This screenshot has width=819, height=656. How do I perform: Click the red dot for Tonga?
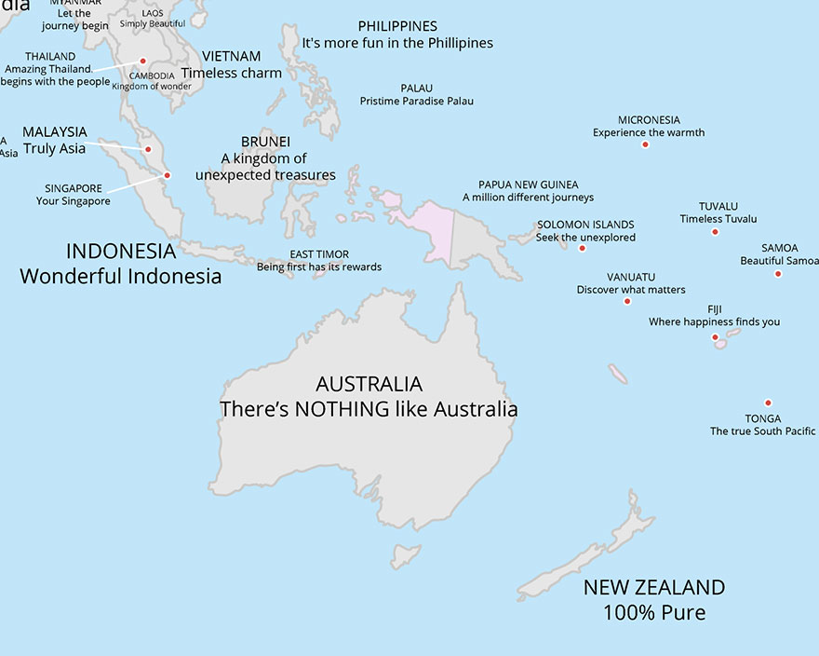(x=768, y=403)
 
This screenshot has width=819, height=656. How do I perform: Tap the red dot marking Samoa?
(x=778, y=273)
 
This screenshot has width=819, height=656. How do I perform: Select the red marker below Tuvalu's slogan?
(x=715, y=231)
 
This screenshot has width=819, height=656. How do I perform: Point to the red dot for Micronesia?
(x=645, y=144)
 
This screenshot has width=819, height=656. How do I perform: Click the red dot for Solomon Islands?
(x=583, y=248)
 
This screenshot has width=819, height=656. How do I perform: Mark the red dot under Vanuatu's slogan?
(x=627, y=301)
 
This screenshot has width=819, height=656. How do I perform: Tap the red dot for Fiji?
(x=715, y=337)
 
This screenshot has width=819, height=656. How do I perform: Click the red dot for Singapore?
(x=168, y=175)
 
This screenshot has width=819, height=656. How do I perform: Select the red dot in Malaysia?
(x=148, y=149)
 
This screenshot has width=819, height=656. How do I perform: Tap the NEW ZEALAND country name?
(x=653, y=587)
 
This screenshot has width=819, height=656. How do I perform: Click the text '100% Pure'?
(x=653, y=612)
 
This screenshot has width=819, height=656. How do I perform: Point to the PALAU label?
(x=416, y=89)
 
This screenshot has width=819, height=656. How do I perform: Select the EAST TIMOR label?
(x=319, y=254)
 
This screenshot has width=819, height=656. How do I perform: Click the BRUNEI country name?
(x=265, y=142)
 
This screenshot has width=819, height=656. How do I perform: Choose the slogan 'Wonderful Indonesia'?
(x=121, y=276)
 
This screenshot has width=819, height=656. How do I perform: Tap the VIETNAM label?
(x=231, y=57)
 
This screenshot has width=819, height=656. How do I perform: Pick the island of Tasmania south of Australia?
(x=405, y=556)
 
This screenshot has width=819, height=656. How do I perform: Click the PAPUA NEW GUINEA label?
(x=528, y=184)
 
